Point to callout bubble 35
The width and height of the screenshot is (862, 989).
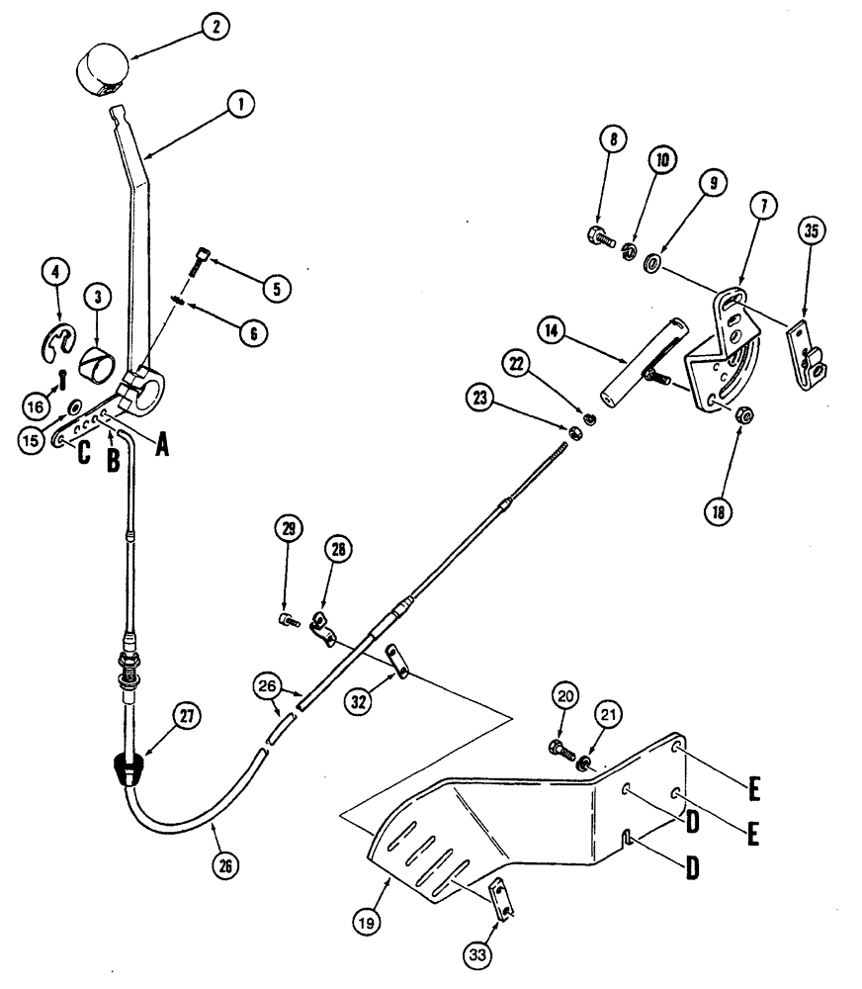point(812,232)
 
